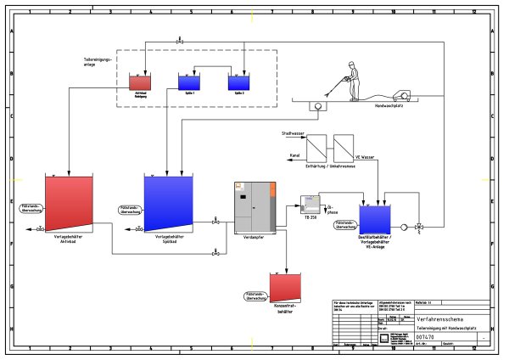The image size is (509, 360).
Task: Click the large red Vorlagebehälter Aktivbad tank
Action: pos(69,204)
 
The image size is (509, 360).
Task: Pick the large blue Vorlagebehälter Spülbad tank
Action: pos(168,204)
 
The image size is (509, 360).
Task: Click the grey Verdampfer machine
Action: pos(253,208)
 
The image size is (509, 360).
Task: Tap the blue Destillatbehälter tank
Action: pos(373,218)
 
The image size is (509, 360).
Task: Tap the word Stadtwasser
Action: pos(293,134)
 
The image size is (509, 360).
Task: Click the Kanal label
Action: pos(294,155)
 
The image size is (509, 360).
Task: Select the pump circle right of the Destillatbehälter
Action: pos(404,227)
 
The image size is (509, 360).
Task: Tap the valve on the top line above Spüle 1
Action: pos(179,41)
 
